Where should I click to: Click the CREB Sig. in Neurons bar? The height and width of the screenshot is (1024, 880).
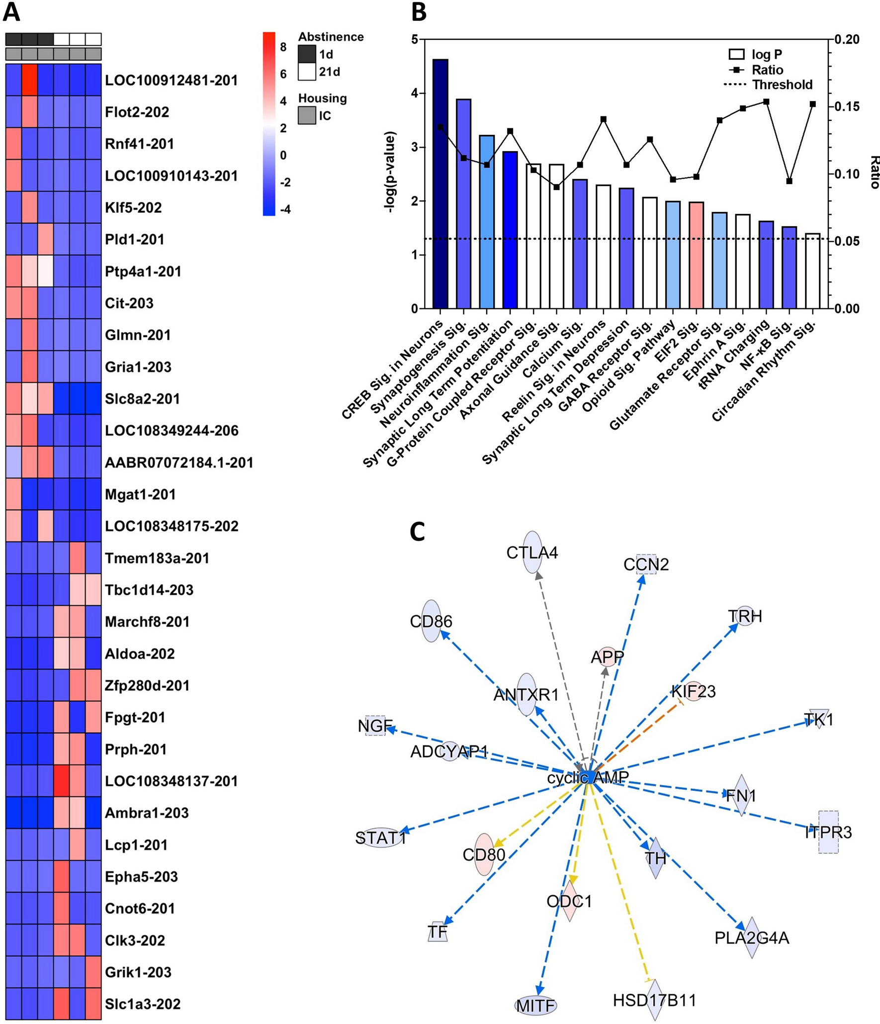tap(440, 184)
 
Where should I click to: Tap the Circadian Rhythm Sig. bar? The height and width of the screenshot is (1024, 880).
tap(813, 271)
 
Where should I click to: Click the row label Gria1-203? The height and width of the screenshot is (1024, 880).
tap(138, 367)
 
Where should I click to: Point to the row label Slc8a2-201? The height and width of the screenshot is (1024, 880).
tap(142, 399)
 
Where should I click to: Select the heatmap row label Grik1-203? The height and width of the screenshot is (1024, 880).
tap(138, 972)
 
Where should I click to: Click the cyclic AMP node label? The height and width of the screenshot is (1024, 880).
tap(588, 777)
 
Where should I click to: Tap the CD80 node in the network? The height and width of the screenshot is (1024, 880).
tap(484, 854)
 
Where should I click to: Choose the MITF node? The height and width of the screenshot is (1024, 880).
tap(535, 1006)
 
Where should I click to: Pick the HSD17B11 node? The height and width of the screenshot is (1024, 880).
tap(655, 1000)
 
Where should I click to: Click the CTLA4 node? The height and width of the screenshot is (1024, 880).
tap(532, 553)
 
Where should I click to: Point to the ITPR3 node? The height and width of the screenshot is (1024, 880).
tap(828, 832)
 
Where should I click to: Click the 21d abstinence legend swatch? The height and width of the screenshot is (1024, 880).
tap(307, 72)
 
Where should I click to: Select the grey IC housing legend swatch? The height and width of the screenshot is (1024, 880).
tap(307, 116)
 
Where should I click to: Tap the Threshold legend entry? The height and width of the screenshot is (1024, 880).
tap(768, 85)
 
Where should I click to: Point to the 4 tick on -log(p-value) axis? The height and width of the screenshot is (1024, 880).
tap(415, 93)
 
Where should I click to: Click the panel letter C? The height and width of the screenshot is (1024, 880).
tap(417, 532)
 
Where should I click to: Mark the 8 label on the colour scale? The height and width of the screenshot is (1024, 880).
tap(283, 47)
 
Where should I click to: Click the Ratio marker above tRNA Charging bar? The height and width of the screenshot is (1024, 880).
tap(766, 102)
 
